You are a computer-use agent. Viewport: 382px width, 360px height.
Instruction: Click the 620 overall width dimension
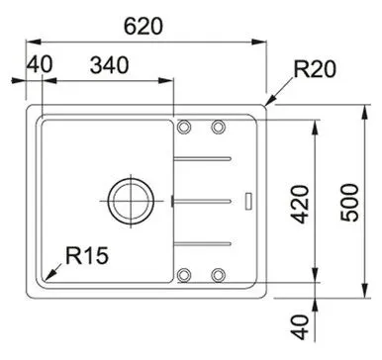coord(143,27)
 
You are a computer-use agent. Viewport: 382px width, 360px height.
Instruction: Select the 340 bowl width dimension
coord(109,65)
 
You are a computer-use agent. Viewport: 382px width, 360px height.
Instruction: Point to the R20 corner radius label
coord(315,69)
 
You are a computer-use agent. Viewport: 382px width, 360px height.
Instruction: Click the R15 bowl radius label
coord(87,255)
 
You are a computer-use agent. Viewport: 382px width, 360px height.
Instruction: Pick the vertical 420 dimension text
coord(301,205)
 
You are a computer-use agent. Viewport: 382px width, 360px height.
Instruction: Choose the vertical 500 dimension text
coord(349,203)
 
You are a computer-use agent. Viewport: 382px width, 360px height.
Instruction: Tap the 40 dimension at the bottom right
coord(301,327)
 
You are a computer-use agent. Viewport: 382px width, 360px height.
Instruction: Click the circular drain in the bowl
coord(132,202)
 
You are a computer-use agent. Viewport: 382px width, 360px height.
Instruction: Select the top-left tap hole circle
coord(184,127)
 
